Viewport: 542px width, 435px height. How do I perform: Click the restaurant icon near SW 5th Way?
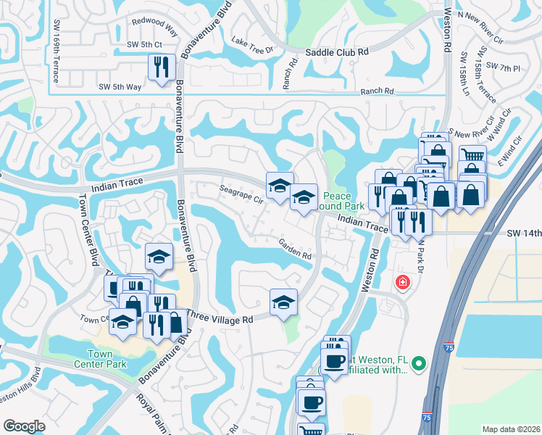pos(161,67)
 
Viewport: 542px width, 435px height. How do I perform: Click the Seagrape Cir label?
pos(241,195)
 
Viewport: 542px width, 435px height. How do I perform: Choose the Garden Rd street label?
pos(295,252)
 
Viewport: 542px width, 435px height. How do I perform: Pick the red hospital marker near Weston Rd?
pos(401,282)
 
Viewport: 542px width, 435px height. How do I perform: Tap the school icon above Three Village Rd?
pos(284,302)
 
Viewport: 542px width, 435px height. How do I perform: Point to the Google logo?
pos(24,426)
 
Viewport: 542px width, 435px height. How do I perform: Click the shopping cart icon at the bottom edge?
pos(312,430)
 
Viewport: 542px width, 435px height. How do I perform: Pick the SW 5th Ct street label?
pos(143,45)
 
